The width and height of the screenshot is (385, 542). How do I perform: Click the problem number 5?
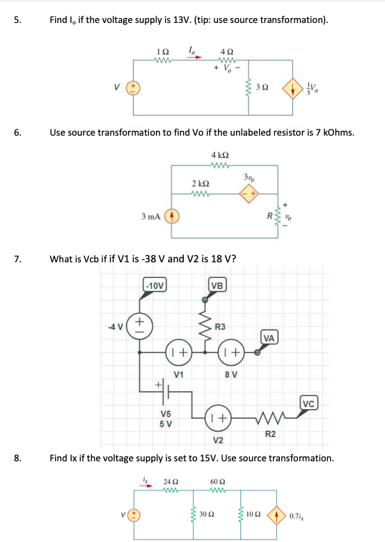[x=17, y=20]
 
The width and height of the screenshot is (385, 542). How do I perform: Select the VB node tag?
[x=217, y=285]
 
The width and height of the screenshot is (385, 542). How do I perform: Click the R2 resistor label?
[x=272, y=434]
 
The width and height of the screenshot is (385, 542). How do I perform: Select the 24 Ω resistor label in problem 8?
[x=169, y=480]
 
